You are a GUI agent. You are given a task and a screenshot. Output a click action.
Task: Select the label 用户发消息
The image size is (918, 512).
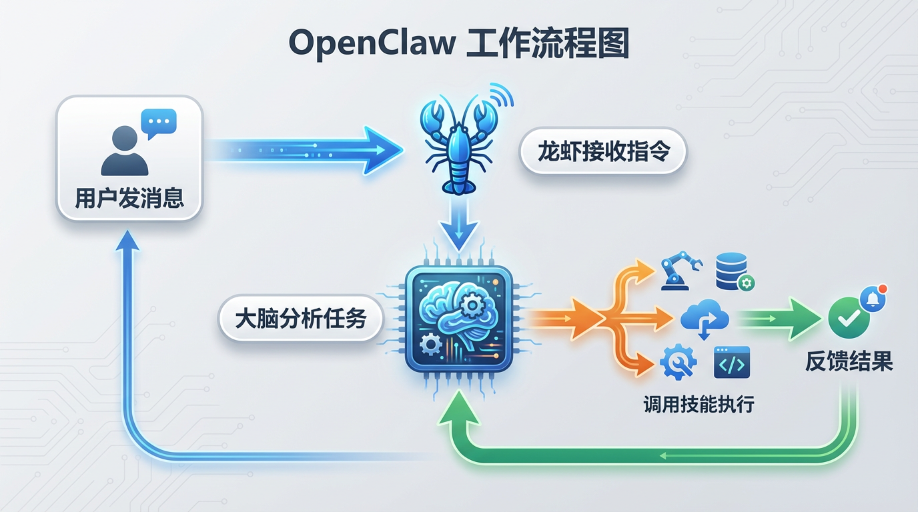click(x=129, y=198)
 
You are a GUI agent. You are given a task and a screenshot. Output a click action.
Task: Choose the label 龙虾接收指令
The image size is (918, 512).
click(x=602, y=151)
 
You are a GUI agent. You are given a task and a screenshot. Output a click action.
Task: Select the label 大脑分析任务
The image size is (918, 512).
click(x=301, y=318)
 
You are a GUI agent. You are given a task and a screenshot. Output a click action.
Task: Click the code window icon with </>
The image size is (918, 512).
click(x=732, y=363)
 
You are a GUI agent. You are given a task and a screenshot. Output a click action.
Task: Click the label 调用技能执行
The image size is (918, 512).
click(x=699, y=404)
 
